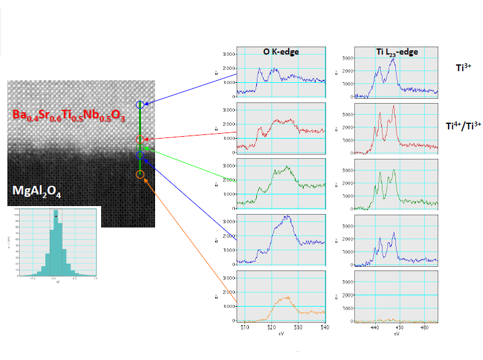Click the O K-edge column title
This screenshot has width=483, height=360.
(281, 52)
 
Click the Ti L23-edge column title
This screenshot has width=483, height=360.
(397, 52)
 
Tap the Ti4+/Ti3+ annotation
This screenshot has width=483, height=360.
(463, 125)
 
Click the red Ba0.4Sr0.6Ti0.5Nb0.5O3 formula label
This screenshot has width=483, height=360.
(69, 116)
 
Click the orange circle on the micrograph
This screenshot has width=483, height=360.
(140, 175)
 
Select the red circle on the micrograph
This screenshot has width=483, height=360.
(140, 140)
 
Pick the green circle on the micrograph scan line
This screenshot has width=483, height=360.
(140, 148)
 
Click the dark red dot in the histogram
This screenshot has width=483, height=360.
(56, 216)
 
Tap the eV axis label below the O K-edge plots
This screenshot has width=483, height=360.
(281, 335)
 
